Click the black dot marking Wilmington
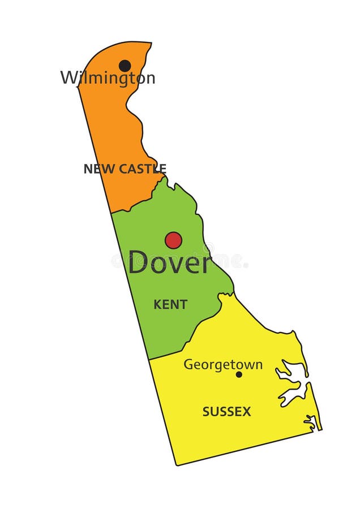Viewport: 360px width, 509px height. (x=125, y=66)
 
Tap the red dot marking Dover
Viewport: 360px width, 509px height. (x=173, y=240)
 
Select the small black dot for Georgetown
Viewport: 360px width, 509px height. (x=239, y=374)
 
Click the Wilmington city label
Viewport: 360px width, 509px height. (x=108, y=77)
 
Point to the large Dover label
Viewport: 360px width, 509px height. (x=169, y=262)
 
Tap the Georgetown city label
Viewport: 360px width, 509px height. (x=223, y=365)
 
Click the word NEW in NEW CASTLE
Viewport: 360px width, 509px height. (x=96, y=169)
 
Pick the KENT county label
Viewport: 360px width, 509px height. (x=170, y=304)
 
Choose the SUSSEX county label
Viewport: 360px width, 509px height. (x=226, y=412)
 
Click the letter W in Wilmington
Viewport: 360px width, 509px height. (x=69, y=77)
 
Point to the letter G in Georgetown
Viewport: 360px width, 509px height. (x=188, y=365)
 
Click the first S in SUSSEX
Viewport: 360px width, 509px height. (x=206, y=412)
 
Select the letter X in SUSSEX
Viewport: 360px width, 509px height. (x=247, y=412)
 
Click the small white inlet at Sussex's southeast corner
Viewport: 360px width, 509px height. (x=311, y=421)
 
